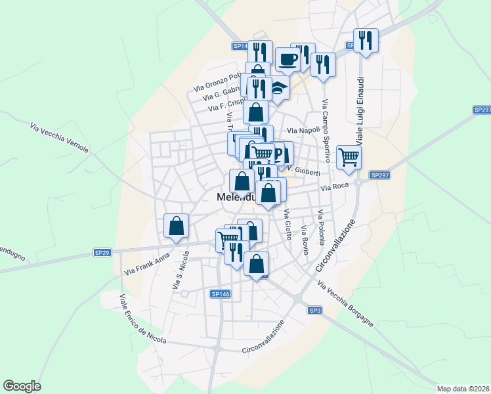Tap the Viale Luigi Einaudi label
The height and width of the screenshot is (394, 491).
[x=360, y=110]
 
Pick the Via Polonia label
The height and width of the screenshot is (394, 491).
[x=321, y=227]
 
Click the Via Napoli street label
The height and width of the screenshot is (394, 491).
[x=303, y=130]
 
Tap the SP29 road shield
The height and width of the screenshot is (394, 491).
[x=102, y=252]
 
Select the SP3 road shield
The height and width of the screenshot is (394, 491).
[x=316, y=311]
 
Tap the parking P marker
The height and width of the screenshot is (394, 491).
[x=283, y=155]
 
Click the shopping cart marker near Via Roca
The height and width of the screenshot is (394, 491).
[x=349, y=156]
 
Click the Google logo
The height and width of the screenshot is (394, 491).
[x=22, y=386]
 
